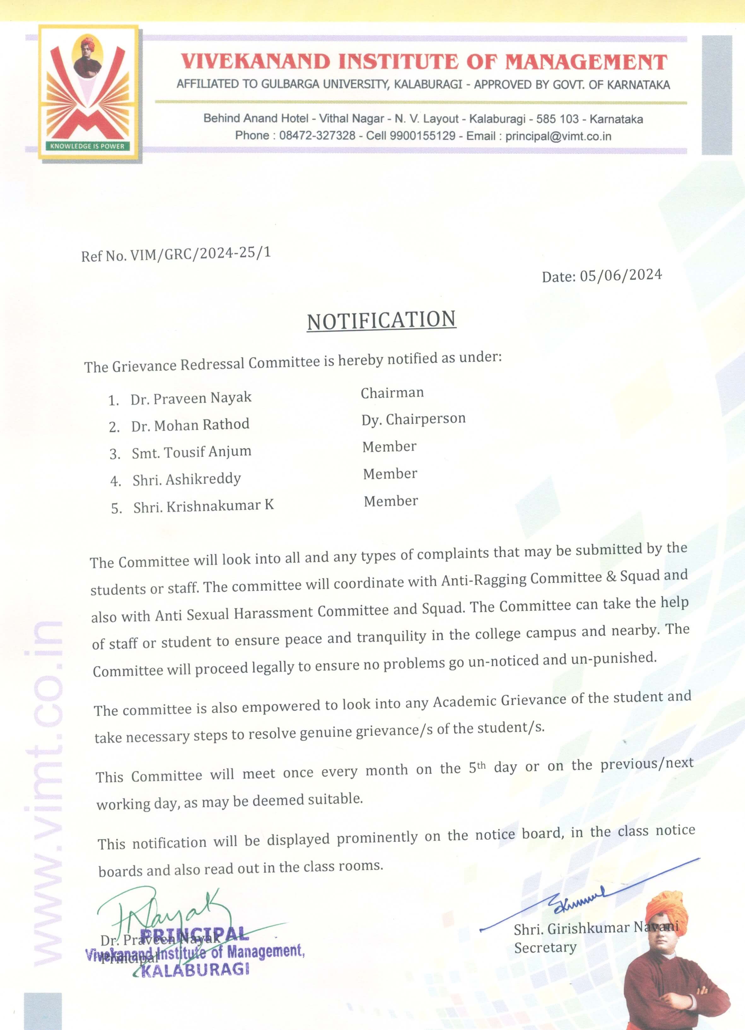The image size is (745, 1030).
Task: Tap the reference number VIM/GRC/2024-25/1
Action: click(200, 253)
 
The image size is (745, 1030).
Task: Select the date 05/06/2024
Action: click(620, 275)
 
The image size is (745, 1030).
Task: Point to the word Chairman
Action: click(392, 393)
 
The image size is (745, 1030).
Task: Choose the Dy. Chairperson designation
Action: click(413, 419)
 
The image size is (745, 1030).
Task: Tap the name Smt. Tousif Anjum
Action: click(191, 452)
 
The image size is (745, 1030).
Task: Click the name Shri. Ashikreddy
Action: click(186, 479)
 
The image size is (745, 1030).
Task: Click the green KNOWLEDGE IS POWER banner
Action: click(87, 146)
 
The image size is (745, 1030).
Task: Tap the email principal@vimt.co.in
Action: click(558, 136)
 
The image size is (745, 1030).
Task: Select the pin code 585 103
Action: click(557, 119)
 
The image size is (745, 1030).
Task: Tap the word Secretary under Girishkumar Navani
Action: click(545, 948)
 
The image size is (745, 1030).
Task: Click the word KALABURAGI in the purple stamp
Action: click(195, 969)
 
